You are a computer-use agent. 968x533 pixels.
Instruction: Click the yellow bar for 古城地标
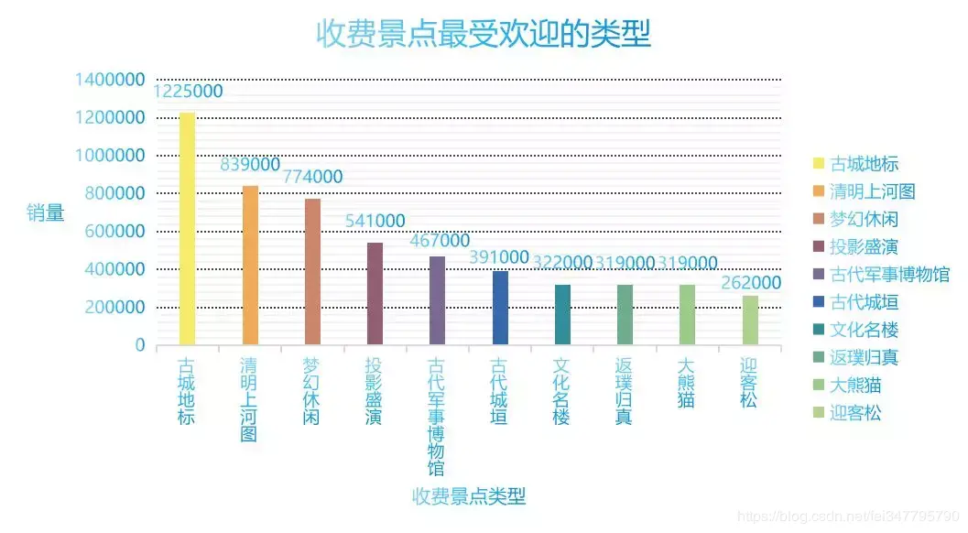(187, 229)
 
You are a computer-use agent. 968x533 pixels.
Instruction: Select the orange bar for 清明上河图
(250, 266)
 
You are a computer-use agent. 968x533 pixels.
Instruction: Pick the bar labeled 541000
(375, 294)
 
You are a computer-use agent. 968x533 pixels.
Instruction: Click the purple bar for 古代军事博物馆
(437, 300)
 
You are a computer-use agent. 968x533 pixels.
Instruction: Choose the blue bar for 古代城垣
(500, 308)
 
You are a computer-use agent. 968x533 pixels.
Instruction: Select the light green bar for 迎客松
(750, 321)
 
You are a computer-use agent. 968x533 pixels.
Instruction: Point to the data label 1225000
(188, 92)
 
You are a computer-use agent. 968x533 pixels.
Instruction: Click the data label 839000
(250, 165)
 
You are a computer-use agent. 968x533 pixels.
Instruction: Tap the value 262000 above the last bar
(751, 283)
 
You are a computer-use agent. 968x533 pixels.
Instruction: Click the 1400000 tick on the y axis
(110, 81)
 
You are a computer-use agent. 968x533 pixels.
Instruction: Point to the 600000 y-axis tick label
(115, 232)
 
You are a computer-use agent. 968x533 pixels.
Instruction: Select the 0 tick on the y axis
(140, 345)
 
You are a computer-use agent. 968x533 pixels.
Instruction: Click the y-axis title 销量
(45, 212)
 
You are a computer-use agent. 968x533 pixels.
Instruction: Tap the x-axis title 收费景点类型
(469, 496)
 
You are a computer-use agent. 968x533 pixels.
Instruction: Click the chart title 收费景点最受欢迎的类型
(484, 35)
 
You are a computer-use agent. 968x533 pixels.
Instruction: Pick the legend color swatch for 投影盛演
(818, 247)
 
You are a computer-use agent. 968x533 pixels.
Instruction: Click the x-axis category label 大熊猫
(686, 384)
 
